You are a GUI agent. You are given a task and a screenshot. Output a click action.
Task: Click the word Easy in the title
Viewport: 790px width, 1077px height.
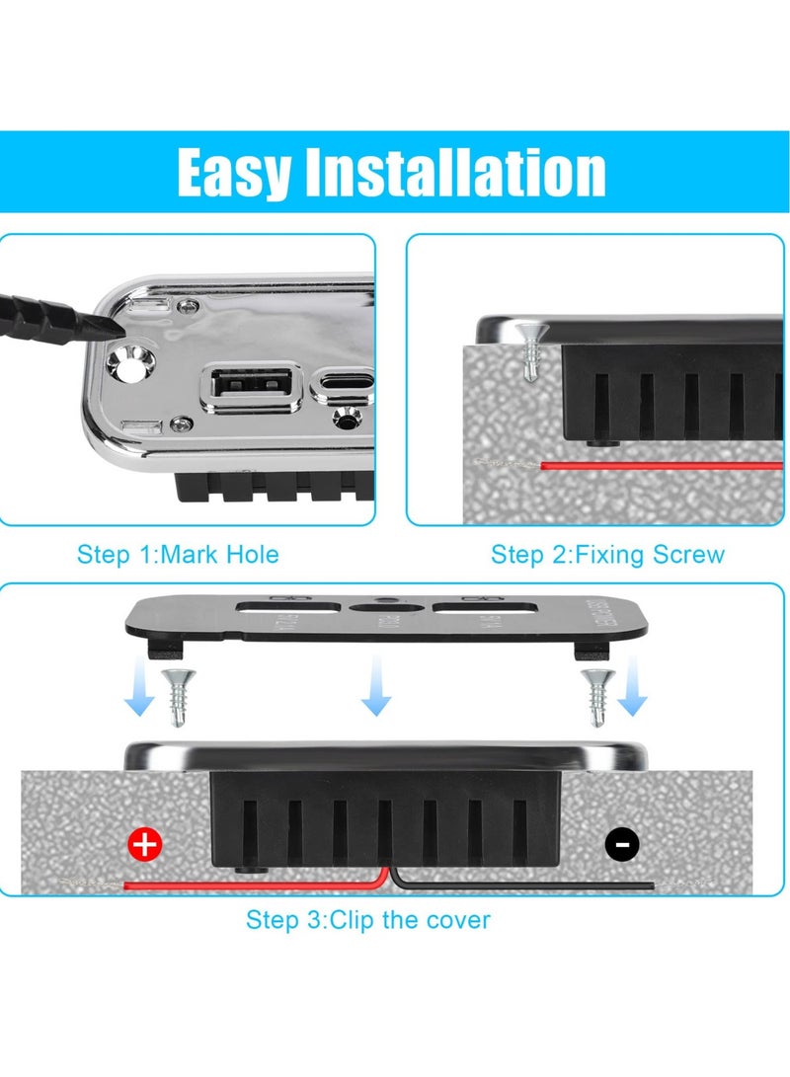(x=234, y=174)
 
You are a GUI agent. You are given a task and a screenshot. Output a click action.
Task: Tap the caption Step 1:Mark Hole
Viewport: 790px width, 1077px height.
(x=178, y=555)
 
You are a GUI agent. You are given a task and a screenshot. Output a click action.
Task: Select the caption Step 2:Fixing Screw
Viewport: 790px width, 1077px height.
(x=607, y=555)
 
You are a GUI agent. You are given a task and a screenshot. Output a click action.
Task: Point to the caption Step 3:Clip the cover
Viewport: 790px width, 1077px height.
(x=367, y=920)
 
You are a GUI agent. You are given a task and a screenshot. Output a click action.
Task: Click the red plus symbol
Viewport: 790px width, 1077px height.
(x=145, y=844)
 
